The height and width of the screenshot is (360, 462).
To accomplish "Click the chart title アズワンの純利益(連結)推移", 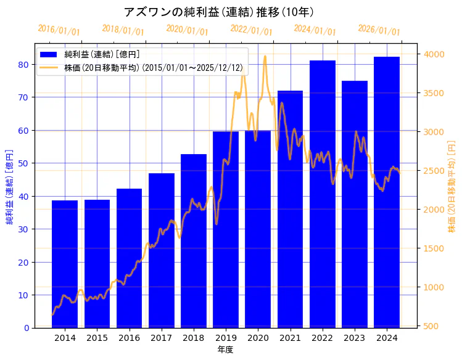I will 219,12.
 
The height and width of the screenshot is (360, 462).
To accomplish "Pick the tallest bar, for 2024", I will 387,192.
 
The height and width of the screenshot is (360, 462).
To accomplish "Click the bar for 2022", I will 323,194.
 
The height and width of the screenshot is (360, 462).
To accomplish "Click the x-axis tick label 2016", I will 129,338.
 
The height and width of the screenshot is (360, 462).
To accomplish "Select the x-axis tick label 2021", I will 290,338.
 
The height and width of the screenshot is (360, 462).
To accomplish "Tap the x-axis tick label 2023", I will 355,338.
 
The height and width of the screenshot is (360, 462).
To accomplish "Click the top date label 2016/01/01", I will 59,30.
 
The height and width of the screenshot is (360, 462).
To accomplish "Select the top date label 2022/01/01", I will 251,30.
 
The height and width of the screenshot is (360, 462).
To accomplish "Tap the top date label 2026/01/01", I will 379,30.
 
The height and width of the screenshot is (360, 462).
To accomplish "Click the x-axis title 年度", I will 225,350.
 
